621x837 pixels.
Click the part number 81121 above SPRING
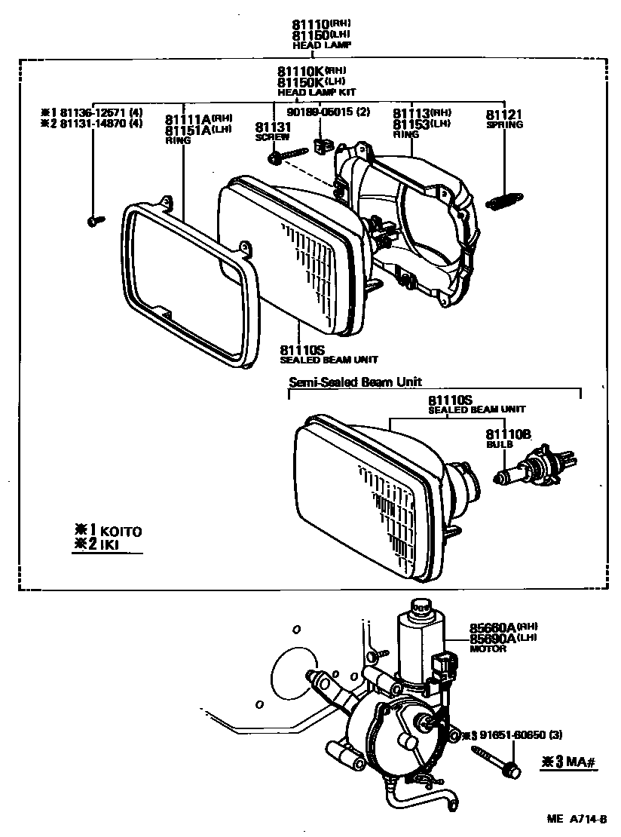[503, 115]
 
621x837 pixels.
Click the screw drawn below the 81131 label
[286, 156]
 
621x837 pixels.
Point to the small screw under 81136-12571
[94, 220]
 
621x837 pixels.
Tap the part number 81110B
[508, 434]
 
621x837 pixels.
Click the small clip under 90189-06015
[325, 146]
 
